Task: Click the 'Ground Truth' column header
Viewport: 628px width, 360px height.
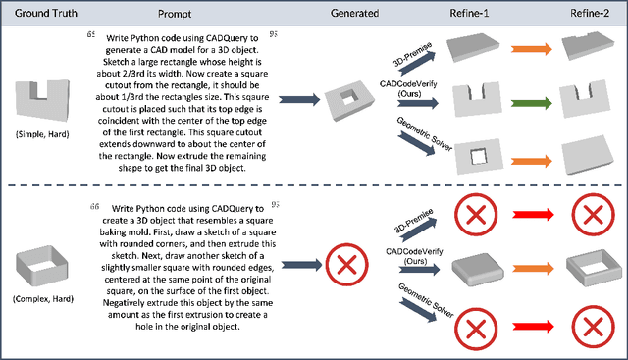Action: point(46,13)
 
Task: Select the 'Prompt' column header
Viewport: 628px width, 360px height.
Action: point(175,14)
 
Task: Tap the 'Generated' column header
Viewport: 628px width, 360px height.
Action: point(354,13)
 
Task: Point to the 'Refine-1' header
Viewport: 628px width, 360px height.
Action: point(469,13)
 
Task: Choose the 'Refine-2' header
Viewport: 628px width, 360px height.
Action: point(590,13)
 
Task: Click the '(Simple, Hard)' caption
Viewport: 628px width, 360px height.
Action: point(42,134)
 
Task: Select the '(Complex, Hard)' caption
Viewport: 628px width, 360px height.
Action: point(43,299)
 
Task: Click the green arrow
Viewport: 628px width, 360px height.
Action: point(532,103)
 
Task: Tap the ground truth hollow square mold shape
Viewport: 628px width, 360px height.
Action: point(41,266)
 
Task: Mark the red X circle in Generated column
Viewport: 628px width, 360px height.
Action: point(346,265)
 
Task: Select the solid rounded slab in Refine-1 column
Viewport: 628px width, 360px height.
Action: point(478,269)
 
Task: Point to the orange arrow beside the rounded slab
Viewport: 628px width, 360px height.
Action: point(533,269)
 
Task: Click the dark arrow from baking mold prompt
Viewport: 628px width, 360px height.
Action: point(301,265)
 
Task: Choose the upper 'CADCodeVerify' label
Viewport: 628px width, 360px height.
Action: point(408,84)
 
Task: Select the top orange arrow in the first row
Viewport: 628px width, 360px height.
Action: point(532,49)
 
